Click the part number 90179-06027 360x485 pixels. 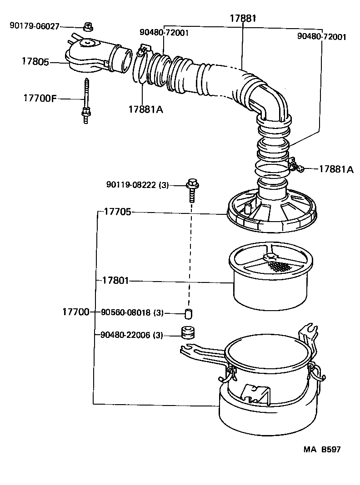pyautogui.click(x=35, y=26)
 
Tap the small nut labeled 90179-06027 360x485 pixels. pyautogui.click(x=89, y=27)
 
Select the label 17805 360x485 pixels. pyautogui.click(x=35, y=61)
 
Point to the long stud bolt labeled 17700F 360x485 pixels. pyautogui.click(x=85, y=100)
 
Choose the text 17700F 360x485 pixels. pyautogui.click(x=40, y=98)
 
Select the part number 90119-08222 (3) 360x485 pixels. pyautogui.click(x=137, y=185)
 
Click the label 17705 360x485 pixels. pyautogui.click(x=117, y=211)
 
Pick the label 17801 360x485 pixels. pyautogui.click(x=115, y=281)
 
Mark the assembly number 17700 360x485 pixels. pyautogui.click(x=75, y=312)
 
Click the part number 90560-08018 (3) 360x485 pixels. pyautogui.click(x=132, y=312)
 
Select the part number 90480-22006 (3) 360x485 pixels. pyautogui.click(x=132, y=335)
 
